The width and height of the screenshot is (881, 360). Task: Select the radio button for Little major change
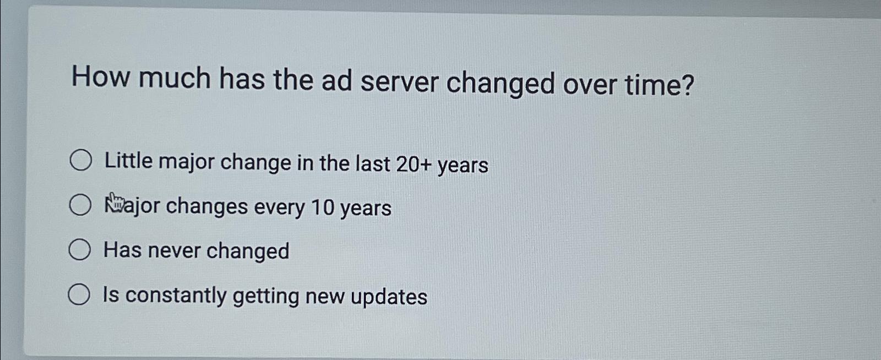click(81, 160)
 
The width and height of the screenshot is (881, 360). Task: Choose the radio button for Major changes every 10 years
click(80, 205)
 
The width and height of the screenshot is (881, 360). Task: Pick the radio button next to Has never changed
click(80, 250)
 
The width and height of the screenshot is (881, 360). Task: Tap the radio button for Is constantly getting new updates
click(79, 294)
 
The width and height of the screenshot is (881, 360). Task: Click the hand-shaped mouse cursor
click(115, 202)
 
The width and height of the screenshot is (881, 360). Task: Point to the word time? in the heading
click(659, 85)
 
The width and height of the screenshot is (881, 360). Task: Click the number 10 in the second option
click(323, 208)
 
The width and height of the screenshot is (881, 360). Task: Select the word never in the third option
click(174, 250)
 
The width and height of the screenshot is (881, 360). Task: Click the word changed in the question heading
click(501, 84)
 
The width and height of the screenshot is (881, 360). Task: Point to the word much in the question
click(175, 78)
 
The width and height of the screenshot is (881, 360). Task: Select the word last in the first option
click(373, 163)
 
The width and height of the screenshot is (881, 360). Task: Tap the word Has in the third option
click(122, 250)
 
